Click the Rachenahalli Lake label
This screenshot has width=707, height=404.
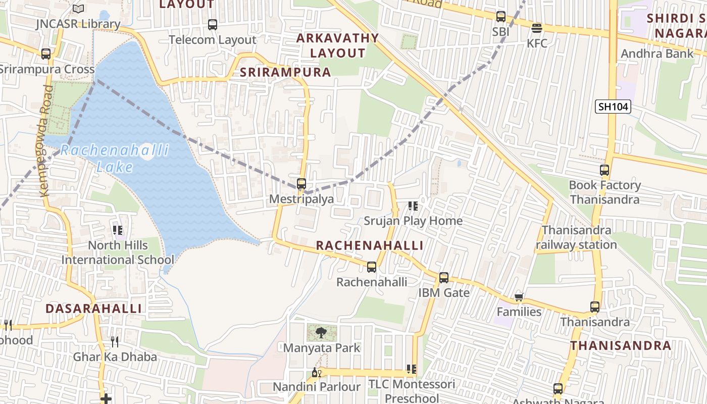click(115, 158)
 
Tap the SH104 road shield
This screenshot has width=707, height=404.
click(613, 107)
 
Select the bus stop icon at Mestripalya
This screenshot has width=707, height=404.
click(301, 184)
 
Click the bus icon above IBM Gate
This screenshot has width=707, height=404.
click(443, 278)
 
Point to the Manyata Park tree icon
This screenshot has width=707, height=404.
click(321, 332)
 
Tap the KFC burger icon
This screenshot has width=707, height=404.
click(536, 28)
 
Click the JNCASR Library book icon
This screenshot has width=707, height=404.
click(78, 9)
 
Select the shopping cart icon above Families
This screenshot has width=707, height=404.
click(519, 297)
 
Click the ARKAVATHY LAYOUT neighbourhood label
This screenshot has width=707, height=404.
click(337, 45)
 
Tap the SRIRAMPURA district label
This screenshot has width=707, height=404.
click(285, 72)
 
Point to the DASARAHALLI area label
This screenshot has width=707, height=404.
click(94, 309)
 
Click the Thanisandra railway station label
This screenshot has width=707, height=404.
click(576, 237)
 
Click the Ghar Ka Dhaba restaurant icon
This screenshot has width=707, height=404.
click(115, 342)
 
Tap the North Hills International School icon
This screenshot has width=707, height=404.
click(118, 230)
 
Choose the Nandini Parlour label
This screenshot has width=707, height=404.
click(317, 387)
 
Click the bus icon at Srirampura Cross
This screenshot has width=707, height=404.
click(46, 54)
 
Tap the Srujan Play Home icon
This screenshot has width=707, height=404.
click(413, 206)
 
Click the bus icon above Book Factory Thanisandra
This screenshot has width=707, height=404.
click(604, 170)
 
